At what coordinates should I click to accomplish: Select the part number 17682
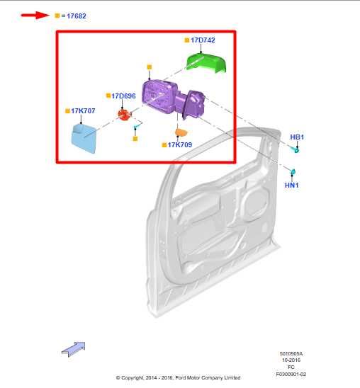77,15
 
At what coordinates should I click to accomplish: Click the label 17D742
202,40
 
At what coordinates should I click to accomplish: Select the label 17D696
123,96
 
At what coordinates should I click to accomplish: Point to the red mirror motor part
124,113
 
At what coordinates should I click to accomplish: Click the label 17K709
179,144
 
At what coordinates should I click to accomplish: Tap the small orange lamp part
181,132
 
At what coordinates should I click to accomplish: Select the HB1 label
296,137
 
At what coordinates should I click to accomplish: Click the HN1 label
292,186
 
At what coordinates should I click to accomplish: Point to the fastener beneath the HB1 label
297,149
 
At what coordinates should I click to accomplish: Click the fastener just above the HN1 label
292,172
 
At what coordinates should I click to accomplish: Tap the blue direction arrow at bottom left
73,348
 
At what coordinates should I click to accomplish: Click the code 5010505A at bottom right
291,354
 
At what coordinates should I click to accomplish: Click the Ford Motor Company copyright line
178,378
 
